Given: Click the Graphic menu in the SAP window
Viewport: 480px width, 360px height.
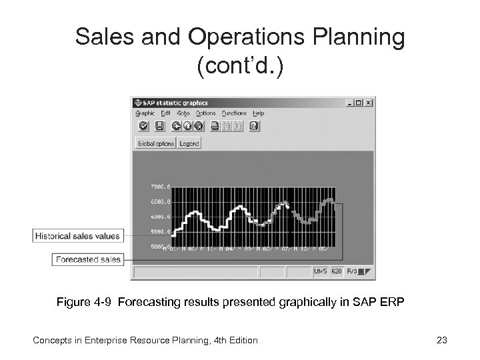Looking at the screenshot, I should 145,113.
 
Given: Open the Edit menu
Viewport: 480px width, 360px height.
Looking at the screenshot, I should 165,113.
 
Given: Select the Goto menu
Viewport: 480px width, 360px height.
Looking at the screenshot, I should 183,113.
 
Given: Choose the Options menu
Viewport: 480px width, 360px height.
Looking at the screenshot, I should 205,113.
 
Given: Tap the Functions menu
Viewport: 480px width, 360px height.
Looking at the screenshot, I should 234,113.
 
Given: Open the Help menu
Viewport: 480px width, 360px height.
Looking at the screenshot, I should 259,113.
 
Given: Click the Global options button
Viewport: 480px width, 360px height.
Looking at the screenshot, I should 155,143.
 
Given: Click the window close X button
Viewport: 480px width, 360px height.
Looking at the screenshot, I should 369,103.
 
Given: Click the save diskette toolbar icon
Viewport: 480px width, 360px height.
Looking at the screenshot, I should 159,126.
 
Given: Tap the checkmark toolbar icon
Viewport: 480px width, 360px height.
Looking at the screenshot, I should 143,126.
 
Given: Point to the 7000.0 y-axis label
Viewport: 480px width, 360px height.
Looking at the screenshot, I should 161,186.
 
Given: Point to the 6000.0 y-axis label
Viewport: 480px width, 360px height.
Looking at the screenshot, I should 161,217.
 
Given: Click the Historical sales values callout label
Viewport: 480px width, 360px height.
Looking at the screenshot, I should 77,235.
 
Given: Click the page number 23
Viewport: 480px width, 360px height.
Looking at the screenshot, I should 441,341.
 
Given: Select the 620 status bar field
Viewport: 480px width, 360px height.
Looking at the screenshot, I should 337,272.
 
